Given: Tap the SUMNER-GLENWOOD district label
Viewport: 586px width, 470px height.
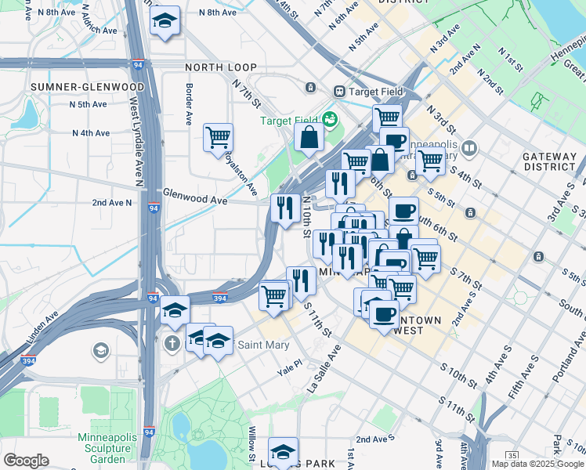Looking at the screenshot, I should tap(86, 86).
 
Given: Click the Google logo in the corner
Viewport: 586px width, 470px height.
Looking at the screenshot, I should tap(26, 461).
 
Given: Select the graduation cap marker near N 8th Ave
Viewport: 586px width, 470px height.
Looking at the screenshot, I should tap(165, 21).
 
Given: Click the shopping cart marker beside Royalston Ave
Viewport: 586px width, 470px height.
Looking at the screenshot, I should tap(218, 136).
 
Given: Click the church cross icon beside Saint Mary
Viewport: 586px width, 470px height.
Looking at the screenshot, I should tap(172, 343).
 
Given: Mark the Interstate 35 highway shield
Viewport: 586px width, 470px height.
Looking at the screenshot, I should tap(512, 454).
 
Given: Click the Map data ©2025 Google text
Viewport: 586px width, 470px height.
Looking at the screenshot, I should tap(537, 464).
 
